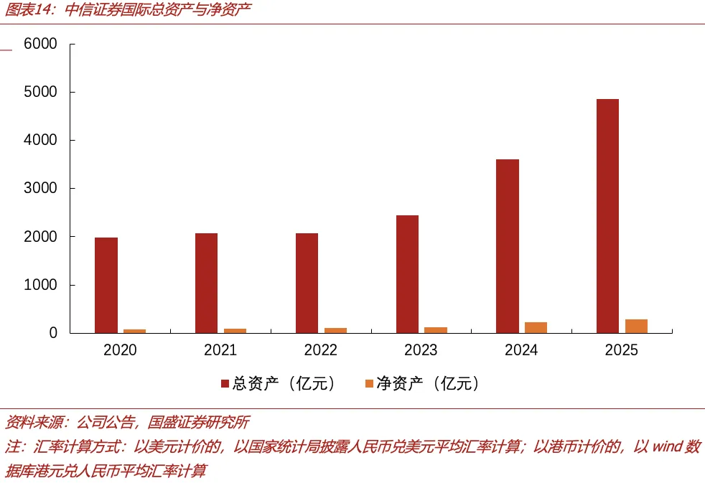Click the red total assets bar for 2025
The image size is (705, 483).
[607, 216]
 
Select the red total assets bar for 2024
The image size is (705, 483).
[508, 246]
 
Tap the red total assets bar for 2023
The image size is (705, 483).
[407, 274]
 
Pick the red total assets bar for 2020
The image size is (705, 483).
[106, 286]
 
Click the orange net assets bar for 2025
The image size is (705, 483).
[636, 327]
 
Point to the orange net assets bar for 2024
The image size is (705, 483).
[536, 327]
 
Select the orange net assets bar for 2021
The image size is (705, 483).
[235, 331]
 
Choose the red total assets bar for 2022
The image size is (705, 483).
[307, 283]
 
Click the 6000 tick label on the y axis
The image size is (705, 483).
[40, 44]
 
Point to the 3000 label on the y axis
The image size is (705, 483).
[40, 188]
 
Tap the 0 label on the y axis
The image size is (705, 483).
[54, 332]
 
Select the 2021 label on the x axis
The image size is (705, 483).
[220, 350]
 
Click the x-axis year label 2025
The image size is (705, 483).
[622, 350]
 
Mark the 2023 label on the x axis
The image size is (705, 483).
[421, 350]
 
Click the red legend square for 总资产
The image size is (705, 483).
[225, 383]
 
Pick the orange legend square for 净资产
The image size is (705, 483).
[369, 383]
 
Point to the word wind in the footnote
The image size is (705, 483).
[667, 446]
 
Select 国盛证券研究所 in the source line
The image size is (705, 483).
[198, 422]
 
